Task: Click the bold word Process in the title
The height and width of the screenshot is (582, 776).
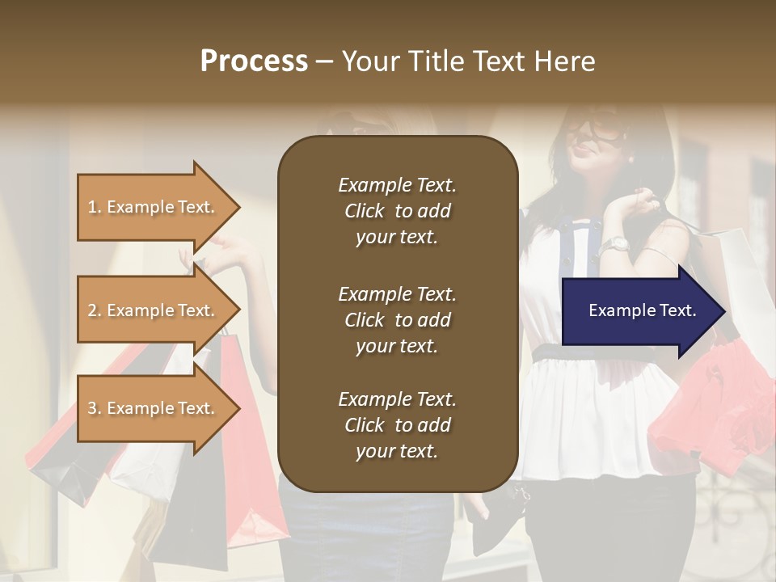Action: pyautogui.click(x=254, y=61)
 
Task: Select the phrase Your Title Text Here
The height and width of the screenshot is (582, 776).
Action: pyautogui.click(x=468, y=61)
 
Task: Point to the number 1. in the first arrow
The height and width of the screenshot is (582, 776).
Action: pyautogui.click(x=95, y=207)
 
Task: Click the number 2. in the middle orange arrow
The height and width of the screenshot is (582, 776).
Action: pyautogui.click(x=95, y=310)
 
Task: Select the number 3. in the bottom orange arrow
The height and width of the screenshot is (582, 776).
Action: pyautogui.click(x=95, y=408)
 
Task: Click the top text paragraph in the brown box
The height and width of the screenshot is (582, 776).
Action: pyautogui.click(x=397, y=211)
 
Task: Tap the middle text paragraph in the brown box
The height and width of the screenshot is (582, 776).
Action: pyautogui.click(x=397, y=320)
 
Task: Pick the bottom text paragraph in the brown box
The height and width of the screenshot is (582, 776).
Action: pyautogui.click(x=397, y=425)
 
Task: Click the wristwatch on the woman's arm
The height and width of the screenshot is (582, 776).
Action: pyautogui.click(x=617, y=243)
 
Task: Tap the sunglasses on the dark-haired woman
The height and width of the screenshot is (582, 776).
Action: pyautogui.click(x=595, y=127)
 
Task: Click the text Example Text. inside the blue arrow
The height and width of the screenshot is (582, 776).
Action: pyautogui.click(x=643, y=310)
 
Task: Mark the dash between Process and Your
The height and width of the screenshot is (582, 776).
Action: pyautogui.click(x=324, y=62)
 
